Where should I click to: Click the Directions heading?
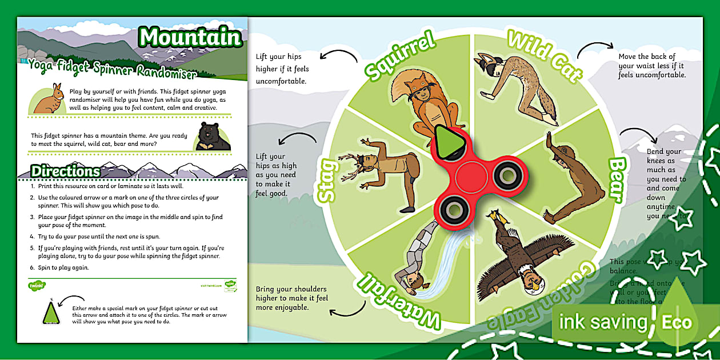tap(66, 171)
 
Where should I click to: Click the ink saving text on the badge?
tap(602, 322)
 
